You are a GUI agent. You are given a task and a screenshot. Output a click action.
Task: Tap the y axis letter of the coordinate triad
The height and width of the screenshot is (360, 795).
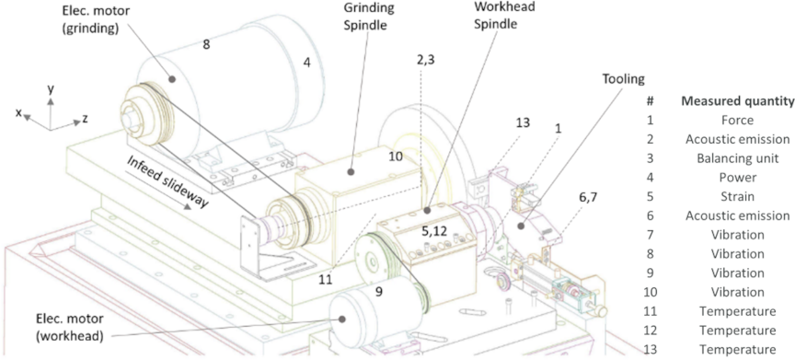click(51, 90)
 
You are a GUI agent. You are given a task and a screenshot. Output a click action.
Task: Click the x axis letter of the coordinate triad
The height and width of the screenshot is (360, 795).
click(19, 113)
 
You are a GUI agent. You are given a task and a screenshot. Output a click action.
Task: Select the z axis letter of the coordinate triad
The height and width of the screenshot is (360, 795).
click(86, 120)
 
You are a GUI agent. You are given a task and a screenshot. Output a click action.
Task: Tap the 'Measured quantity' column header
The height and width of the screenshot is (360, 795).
click(738, 101)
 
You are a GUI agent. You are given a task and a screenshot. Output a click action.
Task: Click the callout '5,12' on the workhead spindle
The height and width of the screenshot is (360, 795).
click(435, 231)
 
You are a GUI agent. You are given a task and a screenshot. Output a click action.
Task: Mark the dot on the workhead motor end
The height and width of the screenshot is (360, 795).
click(342, 318)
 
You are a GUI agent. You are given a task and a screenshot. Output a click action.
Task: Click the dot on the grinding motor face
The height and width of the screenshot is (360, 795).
click(172, 79)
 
